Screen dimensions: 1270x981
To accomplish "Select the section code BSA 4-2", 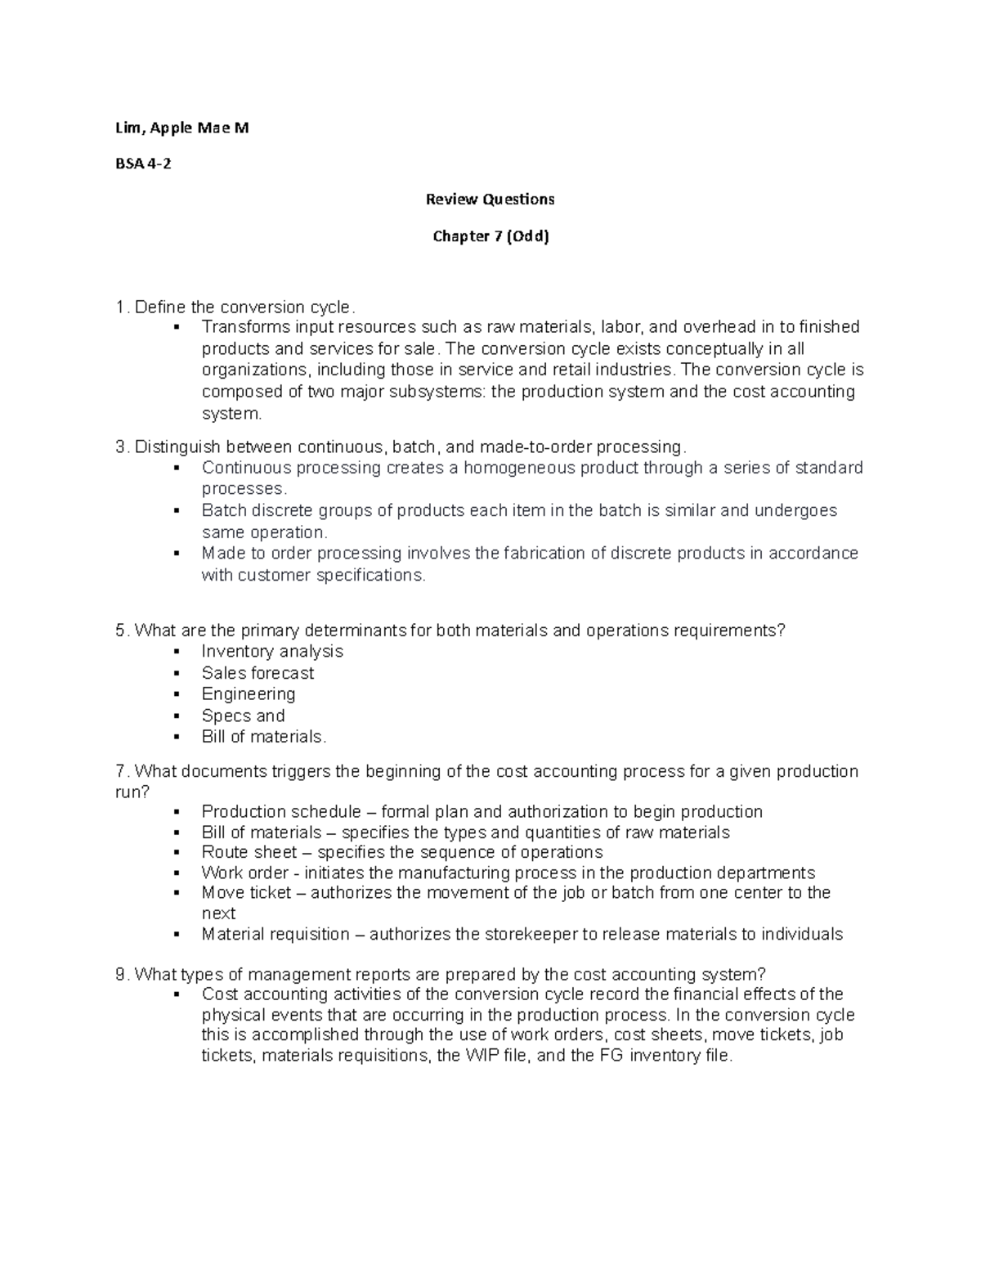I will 143,164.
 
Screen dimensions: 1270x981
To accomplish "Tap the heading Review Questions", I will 490,199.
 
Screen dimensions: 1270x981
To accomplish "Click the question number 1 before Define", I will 121,307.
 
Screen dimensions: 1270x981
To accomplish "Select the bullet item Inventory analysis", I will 272,652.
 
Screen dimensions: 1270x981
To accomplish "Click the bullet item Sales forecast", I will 258,673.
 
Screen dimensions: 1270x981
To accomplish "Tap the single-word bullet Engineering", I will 249,694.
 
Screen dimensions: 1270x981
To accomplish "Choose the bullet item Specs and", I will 243,716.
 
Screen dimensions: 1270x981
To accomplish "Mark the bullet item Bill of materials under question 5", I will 263,737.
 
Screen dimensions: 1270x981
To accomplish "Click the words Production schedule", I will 281,812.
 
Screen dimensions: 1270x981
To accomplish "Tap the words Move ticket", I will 246,893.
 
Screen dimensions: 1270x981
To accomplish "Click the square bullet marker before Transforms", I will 176,328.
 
